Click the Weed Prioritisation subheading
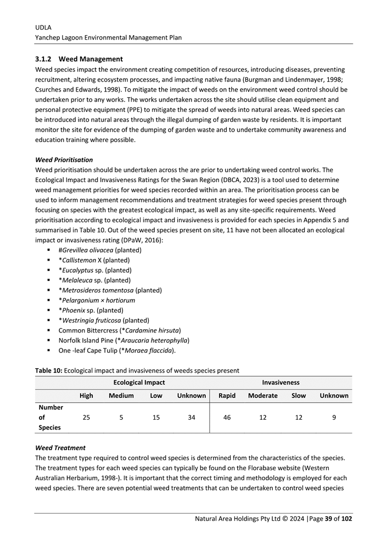64,160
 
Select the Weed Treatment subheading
60,448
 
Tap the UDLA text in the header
43,27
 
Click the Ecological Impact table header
139,382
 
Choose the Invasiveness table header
281,382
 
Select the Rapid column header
227,396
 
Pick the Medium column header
121,396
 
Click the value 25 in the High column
86,418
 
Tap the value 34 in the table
191,418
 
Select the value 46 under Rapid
227,418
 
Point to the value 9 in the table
334,418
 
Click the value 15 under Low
156,418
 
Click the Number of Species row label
51,418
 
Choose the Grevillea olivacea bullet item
99,250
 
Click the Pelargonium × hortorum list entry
97,300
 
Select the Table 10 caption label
48,370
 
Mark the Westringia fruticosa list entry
103,320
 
